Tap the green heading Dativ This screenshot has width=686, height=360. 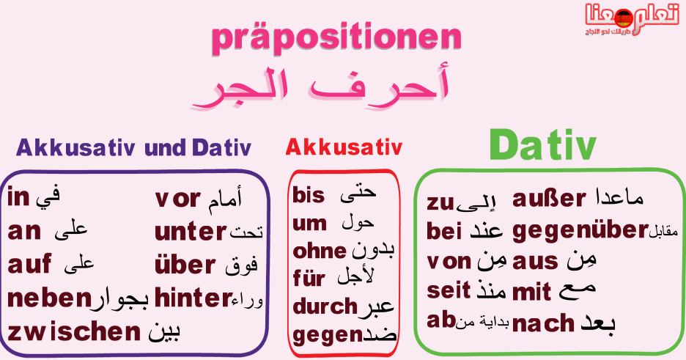tap(543, 144)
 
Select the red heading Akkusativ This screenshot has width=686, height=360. tap(344, 147)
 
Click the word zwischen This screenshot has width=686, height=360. tap(74, 332)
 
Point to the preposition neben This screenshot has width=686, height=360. tap(49, 298)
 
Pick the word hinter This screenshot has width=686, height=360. tap(193, 298)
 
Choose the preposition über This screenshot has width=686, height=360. tap(185, 265)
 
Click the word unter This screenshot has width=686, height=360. tap(191, 232)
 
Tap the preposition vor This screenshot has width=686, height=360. tap(177, 199)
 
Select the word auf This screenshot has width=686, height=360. tap(29, 264)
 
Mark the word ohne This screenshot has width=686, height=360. tap(320, 251)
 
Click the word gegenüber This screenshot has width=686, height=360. tap(580, 231)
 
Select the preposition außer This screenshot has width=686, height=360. tap(549, 199)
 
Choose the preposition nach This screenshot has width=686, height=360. tap(543, 323)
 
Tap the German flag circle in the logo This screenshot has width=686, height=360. tap(623, 18)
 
